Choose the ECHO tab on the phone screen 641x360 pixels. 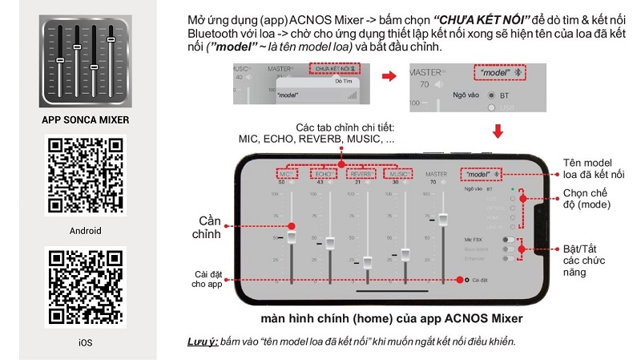coord(325,173)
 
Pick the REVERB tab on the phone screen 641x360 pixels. coord(361,173)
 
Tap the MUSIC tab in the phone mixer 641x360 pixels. coord(398,173)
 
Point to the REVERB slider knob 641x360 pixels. coord(368,262)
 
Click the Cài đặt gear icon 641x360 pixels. coord(466,280)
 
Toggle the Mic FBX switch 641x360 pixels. coord(508,239)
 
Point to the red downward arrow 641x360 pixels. coord(498,131)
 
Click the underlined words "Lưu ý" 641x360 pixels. coord(201,342)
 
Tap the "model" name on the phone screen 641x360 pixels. coord(478,173)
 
